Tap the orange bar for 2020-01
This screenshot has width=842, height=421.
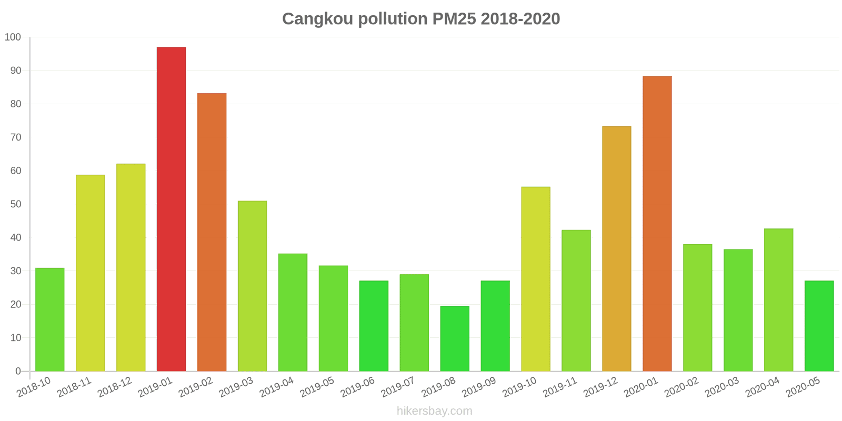tap(657, 224)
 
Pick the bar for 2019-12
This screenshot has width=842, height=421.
tap(616, 248)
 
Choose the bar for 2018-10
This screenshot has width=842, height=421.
tap(50, 319)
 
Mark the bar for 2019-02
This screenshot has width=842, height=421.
tap(212, 232)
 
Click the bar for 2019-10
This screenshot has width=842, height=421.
tap(535, 279)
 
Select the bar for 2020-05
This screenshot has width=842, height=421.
tap(819, 326)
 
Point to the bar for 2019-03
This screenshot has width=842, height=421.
tap(252, 286)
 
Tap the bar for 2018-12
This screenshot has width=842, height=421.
tap(131, 267)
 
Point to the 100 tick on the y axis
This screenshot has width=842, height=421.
tap(13, 37)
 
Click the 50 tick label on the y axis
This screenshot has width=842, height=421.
tap(15, 204)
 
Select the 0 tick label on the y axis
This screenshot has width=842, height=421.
tap(18, 371)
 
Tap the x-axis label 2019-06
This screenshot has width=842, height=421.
tap(358, 387)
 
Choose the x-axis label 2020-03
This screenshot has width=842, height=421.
tap(722, 387)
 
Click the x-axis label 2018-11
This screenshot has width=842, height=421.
tap(74, 387)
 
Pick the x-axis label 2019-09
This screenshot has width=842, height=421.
tap(479, 387)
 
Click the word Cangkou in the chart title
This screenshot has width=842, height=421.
tap(318, 19)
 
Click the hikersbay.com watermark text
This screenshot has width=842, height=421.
tap(434, 411)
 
